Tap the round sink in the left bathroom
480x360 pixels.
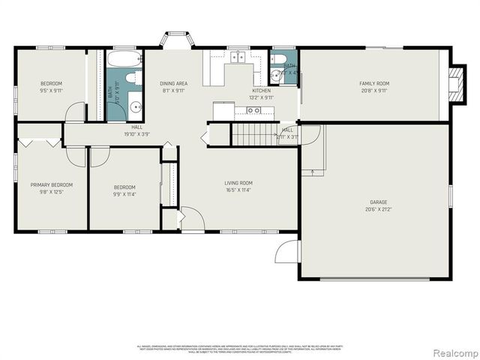pos(136,107)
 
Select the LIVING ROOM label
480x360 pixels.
pos(238,183)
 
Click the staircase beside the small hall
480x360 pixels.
pos(253,135)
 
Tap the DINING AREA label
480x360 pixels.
pos(172,83)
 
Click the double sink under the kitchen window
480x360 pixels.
pos(240,57)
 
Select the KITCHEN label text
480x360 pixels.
pos(261,91)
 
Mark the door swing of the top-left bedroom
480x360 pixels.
pos(75,112)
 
